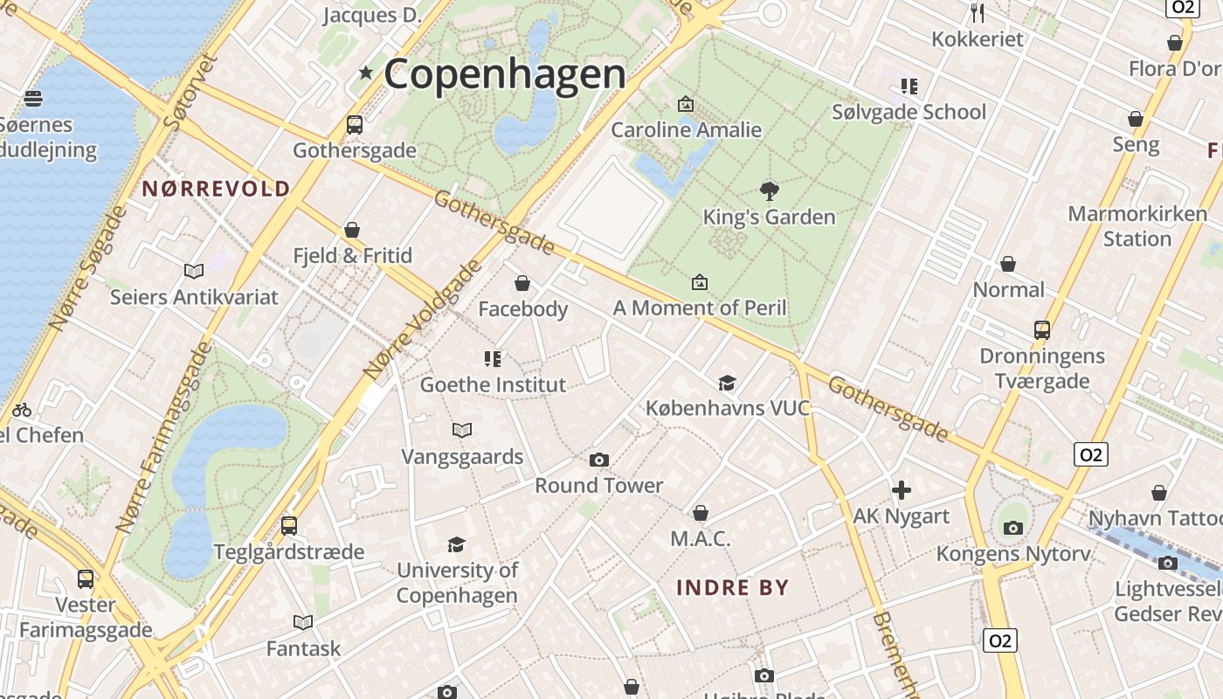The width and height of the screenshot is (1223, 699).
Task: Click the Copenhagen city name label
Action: [505, 74]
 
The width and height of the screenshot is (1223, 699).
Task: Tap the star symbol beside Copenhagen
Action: [366, 73]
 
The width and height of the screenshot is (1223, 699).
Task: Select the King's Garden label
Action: [769, 217]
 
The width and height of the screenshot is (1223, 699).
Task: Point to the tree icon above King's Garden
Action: [770, 190]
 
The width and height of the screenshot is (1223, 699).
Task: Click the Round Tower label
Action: [599, 485]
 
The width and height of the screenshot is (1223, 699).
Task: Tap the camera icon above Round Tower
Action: [599, 460]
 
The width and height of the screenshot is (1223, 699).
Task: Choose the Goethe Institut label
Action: [493, 384]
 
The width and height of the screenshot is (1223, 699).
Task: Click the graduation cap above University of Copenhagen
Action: [456, 545]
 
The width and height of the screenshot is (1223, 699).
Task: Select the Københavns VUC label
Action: [728, 408]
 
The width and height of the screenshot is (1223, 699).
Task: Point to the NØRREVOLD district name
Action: [216, 189]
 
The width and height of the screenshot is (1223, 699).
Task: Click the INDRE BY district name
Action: [733, 587]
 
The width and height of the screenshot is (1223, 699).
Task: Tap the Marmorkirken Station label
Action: [1137, 226]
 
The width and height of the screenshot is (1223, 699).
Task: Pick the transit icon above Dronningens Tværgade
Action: [1041, 330]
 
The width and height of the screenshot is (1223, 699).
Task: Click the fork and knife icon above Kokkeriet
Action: [978, 13]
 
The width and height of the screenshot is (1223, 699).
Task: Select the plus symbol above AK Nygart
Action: [902, 490]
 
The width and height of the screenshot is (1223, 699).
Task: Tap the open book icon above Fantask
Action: [303, 622]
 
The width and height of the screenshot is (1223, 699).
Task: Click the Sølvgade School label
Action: [909, 112]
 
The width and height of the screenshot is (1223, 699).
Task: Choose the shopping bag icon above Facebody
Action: [522, 283]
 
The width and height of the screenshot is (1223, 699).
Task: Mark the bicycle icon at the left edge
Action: [22, 409]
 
